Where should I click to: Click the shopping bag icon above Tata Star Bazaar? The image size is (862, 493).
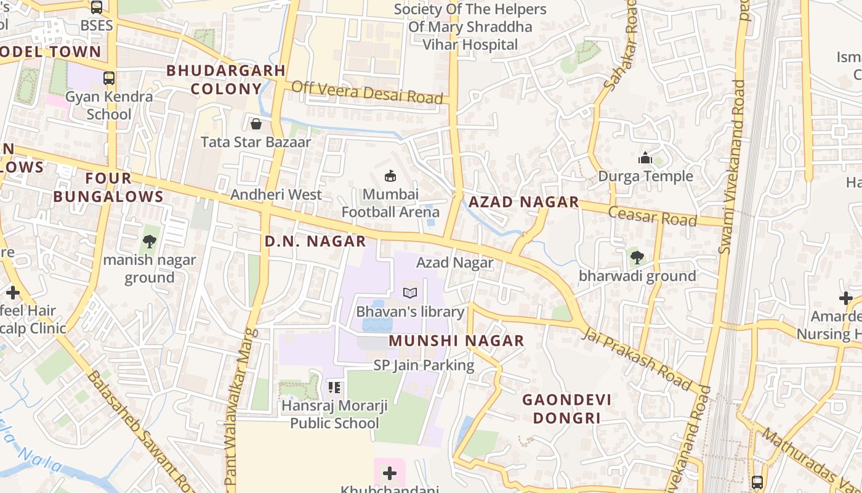[x=256, y=124]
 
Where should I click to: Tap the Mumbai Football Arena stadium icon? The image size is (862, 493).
[x=390, y=176]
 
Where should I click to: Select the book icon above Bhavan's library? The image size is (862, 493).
[x=410, y=293]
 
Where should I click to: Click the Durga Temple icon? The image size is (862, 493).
[x=645, y=158]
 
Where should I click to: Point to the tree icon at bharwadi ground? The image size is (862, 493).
[x=637, y=257]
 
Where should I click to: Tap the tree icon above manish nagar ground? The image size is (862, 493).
[x=149, y=242]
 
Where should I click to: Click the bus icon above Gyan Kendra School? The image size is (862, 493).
[x=109, y=78]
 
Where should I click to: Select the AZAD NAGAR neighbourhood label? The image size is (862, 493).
[x=524, y=202]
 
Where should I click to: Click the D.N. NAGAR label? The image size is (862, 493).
[x=315, y=242]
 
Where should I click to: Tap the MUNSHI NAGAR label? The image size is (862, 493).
[x=456, y=341]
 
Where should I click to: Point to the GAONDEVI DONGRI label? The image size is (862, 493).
[x=566, y=409]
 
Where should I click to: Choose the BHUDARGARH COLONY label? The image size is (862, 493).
[x=226, y=79]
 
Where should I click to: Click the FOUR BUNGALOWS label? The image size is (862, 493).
[x=108, y=187]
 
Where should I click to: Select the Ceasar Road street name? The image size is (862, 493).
[x=652, y=216]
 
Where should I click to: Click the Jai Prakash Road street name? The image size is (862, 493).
[x=637, y=359]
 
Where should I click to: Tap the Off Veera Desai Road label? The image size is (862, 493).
[x=367, y=92]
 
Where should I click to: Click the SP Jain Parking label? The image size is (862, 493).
[x=424, y=365]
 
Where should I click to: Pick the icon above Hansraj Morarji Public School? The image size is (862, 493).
[x=334, y=388]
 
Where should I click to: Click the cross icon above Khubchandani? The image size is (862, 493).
[x=389, y=473]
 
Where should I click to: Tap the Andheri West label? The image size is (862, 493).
[x=276, y=195]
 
